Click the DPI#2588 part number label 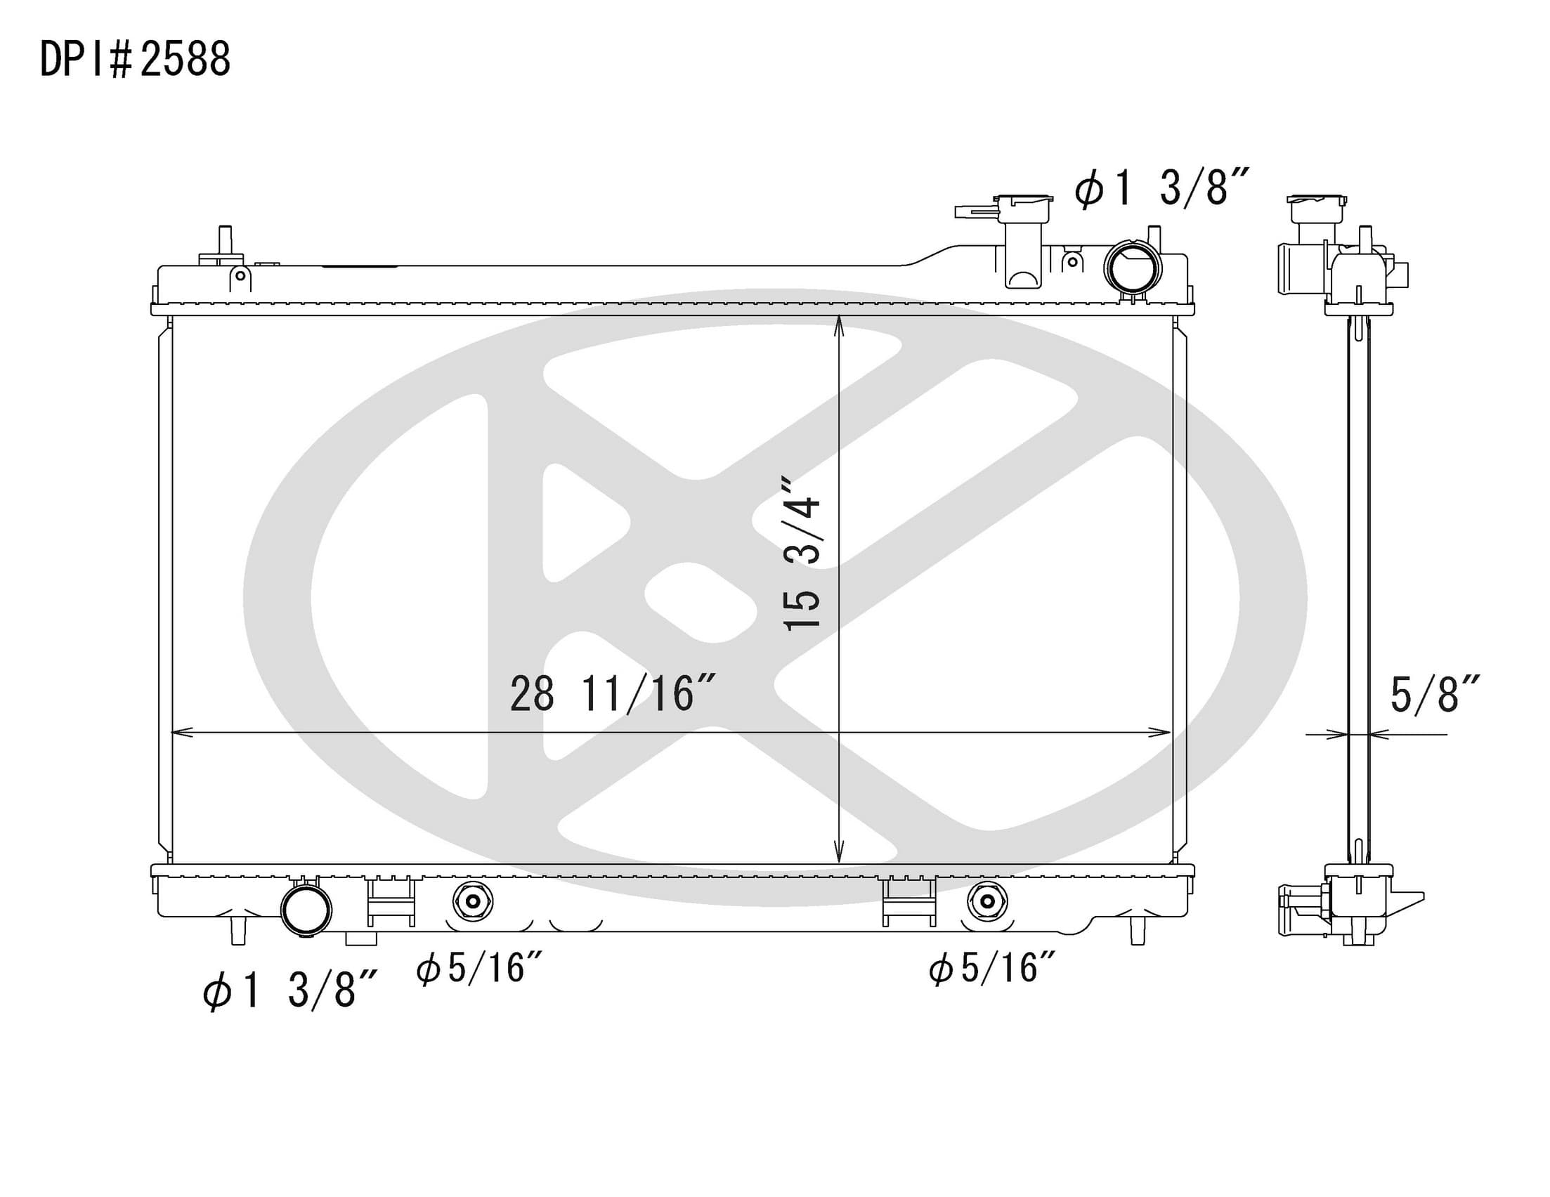pyautogui.click(x=135, y=59)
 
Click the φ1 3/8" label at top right pyautogui.click(x=1160, y=188)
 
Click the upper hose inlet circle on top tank pyautogui.click(x=1133, y=268)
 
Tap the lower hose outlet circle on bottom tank pyautogui.click(x=306, y=910)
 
